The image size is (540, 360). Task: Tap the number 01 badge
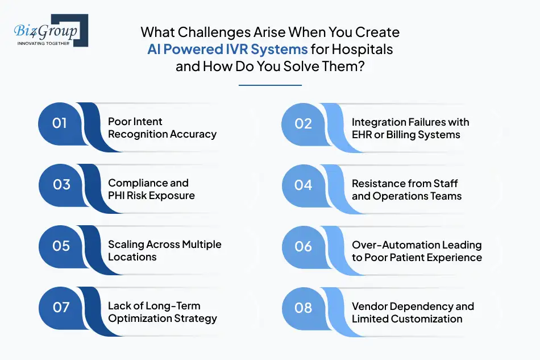pyautogui.click(x=60, y=123)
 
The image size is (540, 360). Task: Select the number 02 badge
pyautogui.click(x=304, y=123)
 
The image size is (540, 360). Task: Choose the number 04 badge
pyautogui.click(x=304, y=184)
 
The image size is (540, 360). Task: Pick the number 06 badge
pyautogui.click(x=304, y=246)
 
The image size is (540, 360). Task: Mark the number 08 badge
pyautogui.click(x=304, y=308)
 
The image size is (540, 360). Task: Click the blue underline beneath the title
pyautogui.click(x=270, y=85)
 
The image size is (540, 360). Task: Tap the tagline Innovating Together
pyautogui.click(x=43, y=43)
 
